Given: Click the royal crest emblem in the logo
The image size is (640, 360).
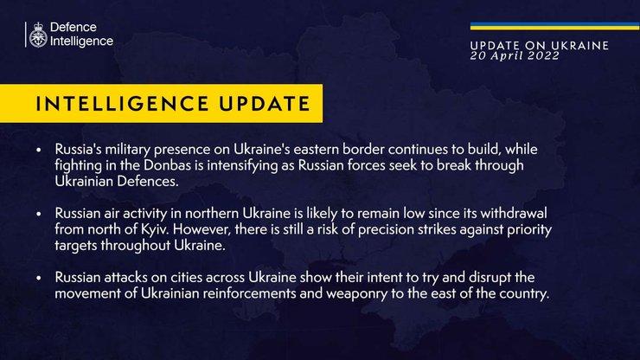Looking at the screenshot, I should pos(38,35).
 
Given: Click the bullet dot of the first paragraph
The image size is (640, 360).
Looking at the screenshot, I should pos(39,150).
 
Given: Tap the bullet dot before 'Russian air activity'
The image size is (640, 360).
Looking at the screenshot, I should pos(39,214).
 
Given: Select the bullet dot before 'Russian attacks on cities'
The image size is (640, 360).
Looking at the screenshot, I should pos(39,278).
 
